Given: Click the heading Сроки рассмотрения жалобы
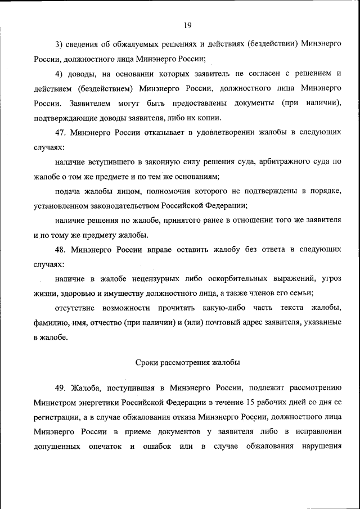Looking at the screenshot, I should pyautogui.click(x=187, y=363).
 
